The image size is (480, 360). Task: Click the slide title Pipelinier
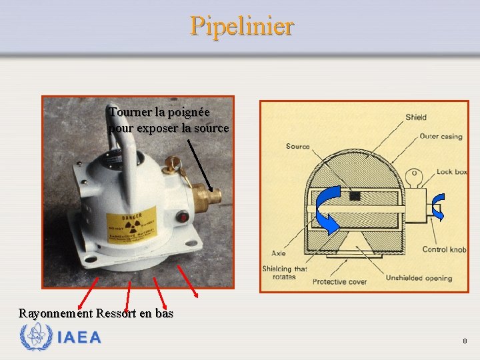[241, 26]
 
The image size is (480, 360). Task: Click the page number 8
[465, 341]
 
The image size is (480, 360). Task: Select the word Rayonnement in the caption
[55, 313]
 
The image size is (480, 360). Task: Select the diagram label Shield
[416, 117]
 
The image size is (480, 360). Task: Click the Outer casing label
[441, 137]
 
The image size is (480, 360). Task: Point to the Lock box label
[451, 172]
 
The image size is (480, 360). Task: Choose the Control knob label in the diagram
[444, 249]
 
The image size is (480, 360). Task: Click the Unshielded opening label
[419, 278]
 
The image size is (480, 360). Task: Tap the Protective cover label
[339, 281]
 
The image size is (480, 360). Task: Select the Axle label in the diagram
[279, 253]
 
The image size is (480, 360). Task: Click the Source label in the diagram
[297, 147]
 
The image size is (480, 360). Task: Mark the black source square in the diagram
[355, 195]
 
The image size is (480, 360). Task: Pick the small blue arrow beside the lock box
[438, 207]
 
